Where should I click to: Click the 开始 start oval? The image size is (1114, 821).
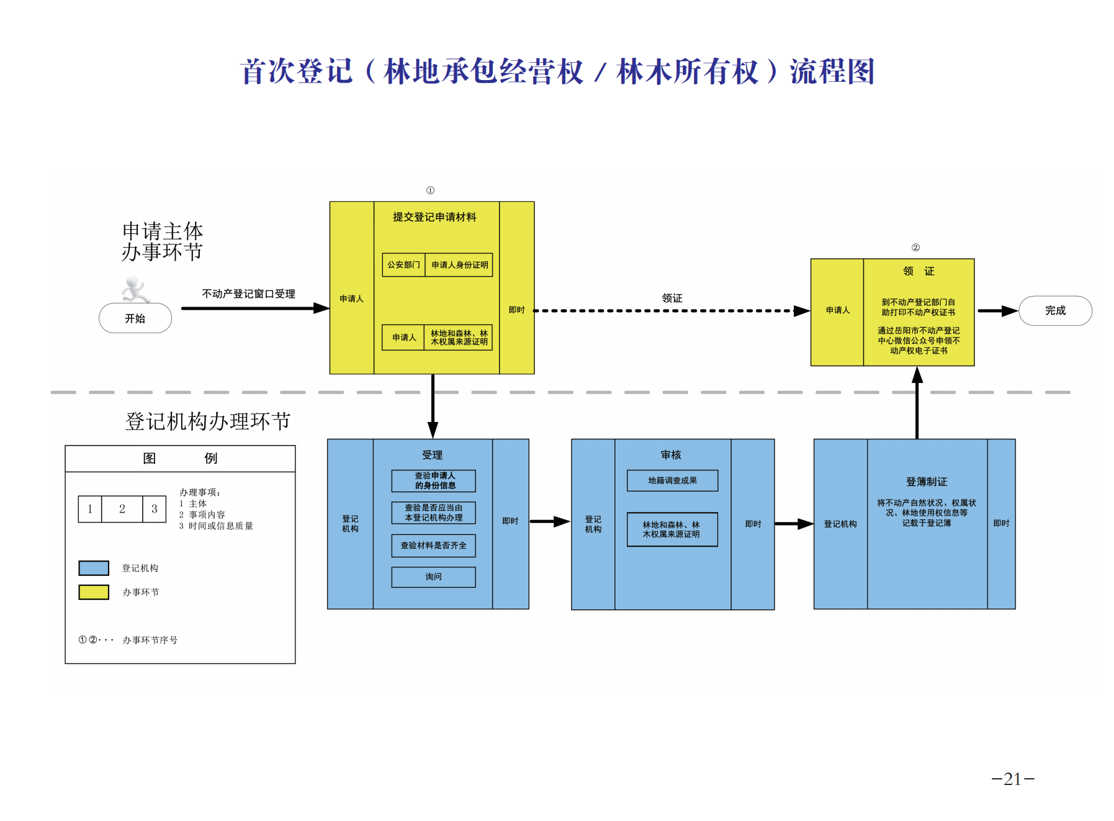135,318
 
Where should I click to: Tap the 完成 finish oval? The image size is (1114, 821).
1055,310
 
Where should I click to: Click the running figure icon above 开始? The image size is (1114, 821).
135,289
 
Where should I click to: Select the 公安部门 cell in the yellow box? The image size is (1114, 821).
403,265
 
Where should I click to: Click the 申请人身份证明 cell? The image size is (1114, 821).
459,265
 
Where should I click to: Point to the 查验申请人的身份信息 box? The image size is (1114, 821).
434,481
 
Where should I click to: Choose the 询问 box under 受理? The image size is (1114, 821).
434,577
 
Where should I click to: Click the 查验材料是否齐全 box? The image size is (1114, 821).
434,545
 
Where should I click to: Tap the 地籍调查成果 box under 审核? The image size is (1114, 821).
672,481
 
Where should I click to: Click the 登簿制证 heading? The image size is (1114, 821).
927,482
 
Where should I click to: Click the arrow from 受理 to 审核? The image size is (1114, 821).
549,522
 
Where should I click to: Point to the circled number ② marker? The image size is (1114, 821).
915,248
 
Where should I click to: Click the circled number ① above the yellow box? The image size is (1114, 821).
430,191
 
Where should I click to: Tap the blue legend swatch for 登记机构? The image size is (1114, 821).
94,568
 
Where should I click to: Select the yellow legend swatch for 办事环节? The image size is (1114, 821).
94,592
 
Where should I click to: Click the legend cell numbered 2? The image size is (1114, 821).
122,509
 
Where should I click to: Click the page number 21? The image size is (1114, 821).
1013,779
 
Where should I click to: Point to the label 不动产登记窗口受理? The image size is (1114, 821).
248,294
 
